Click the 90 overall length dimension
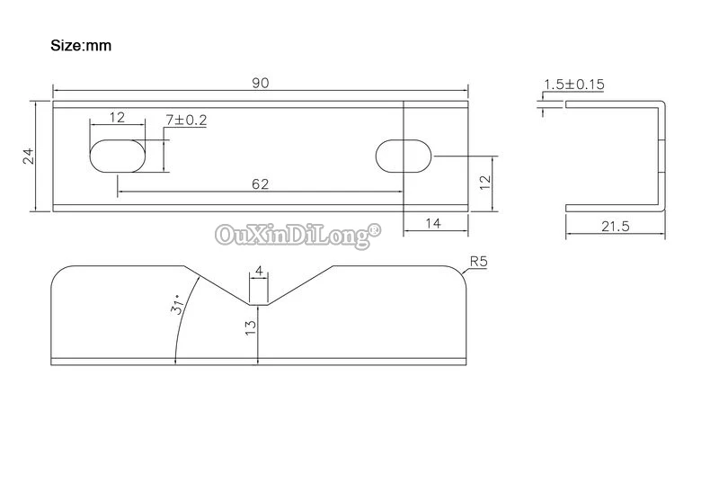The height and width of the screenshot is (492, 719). point(261,83)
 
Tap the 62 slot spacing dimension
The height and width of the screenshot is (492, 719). point(261,184)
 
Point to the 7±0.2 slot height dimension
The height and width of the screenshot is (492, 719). point(187,120)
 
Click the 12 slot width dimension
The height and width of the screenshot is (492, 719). point(117,118)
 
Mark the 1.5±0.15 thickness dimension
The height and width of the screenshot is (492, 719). point(574,85)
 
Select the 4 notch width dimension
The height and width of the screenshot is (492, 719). point(259,271)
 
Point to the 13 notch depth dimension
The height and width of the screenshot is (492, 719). point(251,331)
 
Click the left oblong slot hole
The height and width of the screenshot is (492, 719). point(117,155)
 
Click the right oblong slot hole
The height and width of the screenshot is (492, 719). point(403,155)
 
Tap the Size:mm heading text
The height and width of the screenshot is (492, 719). point(81,45)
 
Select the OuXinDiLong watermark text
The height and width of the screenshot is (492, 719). point(292,236)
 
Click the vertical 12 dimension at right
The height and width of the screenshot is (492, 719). point(484,182)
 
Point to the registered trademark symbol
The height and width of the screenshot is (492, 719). point(376,230)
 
